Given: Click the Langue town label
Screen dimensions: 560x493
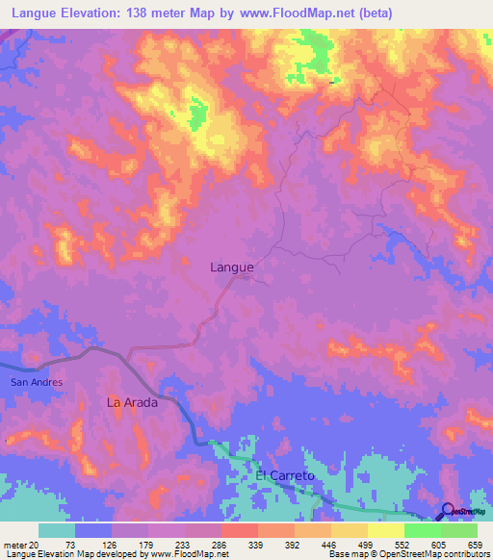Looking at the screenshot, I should (x=232, y=268).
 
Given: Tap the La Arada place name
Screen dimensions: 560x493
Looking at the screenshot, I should (x=132, y=403).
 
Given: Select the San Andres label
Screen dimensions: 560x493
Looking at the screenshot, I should (x=37, y=382).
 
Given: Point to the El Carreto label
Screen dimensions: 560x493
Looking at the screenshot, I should (x=285, y=476).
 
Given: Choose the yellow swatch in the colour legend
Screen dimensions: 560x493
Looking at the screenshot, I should (x=385, y=530).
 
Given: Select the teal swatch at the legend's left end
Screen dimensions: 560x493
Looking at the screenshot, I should (x=57, y=530).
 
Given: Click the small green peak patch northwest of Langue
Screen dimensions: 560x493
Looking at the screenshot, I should (x=197, y=116).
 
